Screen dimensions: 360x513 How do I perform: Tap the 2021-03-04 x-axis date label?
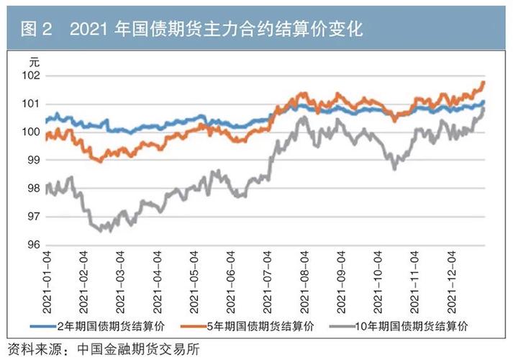click(x=122, y=281)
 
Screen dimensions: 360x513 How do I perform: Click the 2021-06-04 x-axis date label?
click(x=232, y=281)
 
